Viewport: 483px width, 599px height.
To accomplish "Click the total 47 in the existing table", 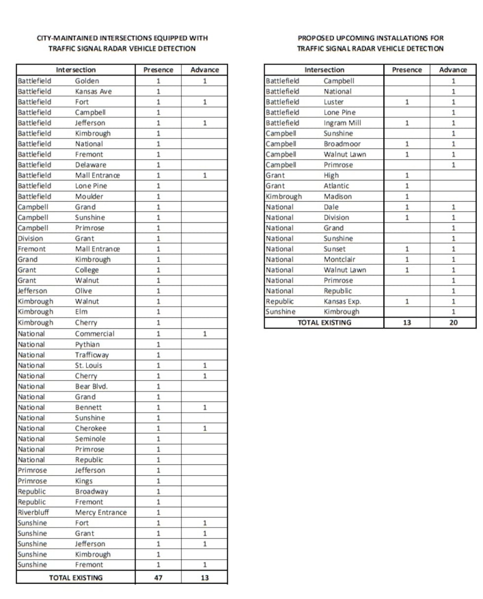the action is click(x=158, y=578).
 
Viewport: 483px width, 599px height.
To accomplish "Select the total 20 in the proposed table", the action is click(x=452, y=323).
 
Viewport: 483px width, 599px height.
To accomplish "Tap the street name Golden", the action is click(x=87, y=81).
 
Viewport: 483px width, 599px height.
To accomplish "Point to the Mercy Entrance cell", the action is click(x=101, y=512).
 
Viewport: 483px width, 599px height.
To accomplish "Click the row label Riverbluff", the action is click(x=33, y=512).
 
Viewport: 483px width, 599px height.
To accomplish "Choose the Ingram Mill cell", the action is click(x=342, y=123).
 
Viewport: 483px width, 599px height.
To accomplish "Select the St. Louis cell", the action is click(x=89, y=365).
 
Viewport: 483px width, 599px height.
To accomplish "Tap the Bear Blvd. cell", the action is click(x=91, y=386).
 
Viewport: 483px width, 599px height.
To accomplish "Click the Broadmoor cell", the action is click(x=342, y=144).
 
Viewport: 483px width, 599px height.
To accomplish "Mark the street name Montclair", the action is click(x=340, y=259).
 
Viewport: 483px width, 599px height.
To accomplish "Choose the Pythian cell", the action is click(x=88, y=344).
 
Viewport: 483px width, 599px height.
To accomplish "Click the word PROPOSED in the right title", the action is click(x=317, y=38).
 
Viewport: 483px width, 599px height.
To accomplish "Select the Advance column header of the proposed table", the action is click(x=452, y=70).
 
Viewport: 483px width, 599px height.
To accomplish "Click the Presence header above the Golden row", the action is click(x=158, y=70).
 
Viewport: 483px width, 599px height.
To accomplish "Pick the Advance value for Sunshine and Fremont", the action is click(x=204, y=564).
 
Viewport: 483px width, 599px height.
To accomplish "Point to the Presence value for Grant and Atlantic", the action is click(x=407, y=186).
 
